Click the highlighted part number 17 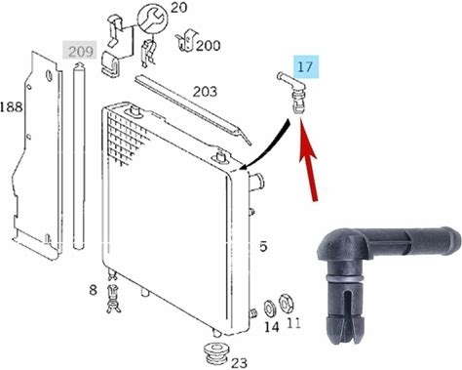pos(306,67)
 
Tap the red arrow pos(309,160)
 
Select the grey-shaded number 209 pos(80,51)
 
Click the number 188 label pos(12,106)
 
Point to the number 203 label pos(205,92)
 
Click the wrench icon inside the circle pos(152,20)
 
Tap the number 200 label pos(209,46)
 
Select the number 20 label pos(179,7)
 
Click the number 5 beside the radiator pos(263,246)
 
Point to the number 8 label pos(93,289)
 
